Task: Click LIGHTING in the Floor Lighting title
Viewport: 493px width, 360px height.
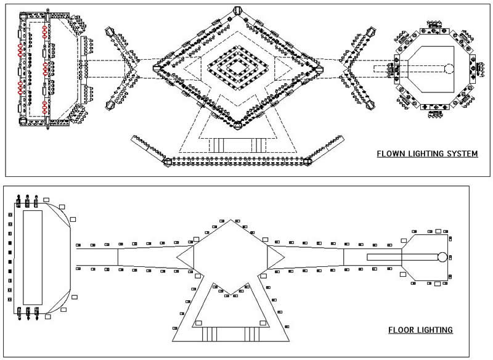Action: (435, 330)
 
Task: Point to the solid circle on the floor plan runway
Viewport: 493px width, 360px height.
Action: (442, 257)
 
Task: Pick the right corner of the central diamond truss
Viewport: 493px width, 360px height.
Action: (320, 68)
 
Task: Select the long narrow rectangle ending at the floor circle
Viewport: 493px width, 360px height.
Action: (401, 257)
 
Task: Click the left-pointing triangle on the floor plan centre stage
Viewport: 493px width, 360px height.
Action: (185, 256)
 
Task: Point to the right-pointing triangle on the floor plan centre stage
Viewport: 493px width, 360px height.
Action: (275, 256)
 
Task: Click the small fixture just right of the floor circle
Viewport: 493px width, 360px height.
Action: (451, 257)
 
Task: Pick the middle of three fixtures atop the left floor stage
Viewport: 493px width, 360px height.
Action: (28, 201)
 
